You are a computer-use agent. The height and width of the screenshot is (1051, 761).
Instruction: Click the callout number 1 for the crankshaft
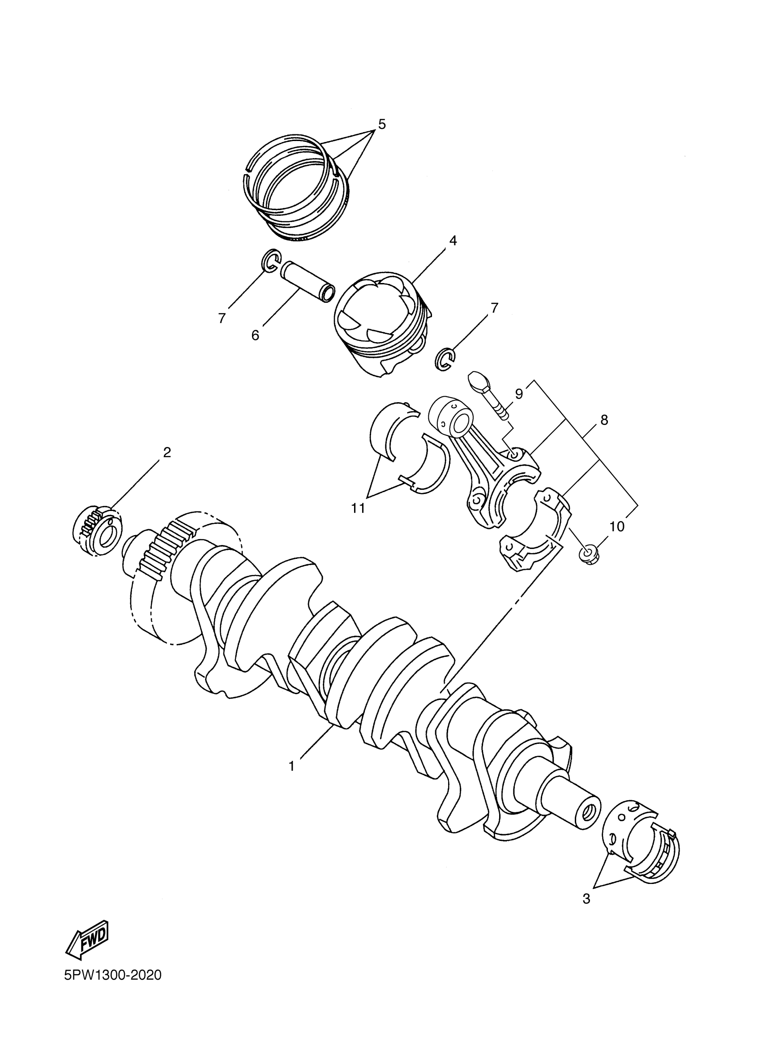point(291,767)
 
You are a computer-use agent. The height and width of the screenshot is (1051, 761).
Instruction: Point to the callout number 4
point(453,240)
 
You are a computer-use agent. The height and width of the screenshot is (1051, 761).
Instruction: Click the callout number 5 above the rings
point(381,124)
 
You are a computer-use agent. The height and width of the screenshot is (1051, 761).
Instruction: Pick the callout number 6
point(255,335)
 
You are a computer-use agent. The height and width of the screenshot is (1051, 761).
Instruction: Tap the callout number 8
point(604,420)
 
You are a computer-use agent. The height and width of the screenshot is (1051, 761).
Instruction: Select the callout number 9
point(519,394)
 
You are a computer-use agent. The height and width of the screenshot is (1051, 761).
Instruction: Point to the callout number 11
point(358,508)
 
